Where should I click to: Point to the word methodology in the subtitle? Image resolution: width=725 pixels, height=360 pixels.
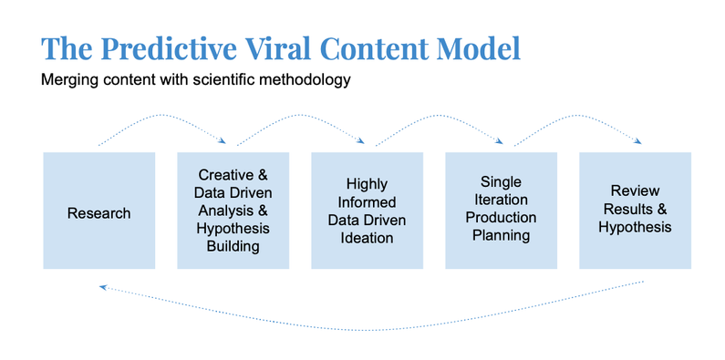(x=305, y=80)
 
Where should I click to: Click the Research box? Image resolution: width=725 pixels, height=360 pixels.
(x=98, y=211)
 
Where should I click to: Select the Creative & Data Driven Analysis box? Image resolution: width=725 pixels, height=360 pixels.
(x=233, y=211)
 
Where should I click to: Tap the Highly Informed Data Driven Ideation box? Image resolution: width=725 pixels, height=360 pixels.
(x=367, y=211)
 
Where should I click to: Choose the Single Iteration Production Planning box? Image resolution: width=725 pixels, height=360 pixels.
(x=501, y=211)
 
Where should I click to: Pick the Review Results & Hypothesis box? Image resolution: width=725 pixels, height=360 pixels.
(x=635, y=211)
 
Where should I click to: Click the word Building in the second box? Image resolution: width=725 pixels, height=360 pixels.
(x=233, y=246)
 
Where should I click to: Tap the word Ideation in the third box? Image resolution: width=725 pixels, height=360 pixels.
(x=367, y=238)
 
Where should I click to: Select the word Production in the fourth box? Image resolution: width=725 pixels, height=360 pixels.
(x=501, y=219)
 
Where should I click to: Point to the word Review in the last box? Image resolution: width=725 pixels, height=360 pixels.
(x=635, y=191)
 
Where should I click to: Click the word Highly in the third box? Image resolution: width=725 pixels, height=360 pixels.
(x=367, y=183)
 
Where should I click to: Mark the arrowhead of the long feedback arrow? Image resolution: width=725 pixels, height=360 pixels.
(x=103, y=287)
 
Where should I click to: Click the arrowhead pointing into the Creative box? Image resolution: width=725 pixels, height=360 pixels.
(x=223, y=140)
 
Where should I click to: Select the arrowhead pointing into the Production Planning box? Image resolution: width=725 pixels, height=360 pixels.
(x=501, y=141)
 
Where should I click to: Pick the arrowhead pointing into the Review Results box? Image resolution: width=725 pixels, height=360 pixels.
(x=638, y=141)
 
